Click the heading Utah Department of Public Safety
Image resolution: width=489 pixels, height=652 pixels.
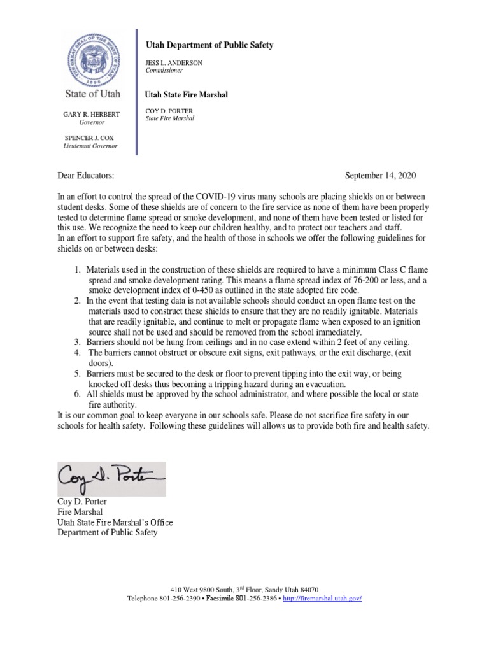(209, 45)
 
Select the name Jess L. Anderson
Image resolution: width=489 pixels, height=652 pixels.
(174, 64)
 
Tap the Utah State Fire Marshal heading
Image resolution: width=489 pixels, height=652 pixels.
(187, 95)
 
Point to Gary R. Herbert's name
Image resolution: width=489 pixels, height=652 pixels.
(91, 113)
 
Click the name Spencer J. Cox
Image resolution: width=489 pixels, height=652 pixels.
(91, 138)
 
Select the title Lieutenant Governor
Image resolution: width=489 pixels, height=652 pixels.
(90, 146)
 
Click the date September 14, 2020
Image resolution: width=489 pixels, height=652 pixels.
(380, 175)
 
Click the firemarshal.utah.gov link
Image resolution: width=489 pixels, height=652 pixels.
(322, 599)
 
